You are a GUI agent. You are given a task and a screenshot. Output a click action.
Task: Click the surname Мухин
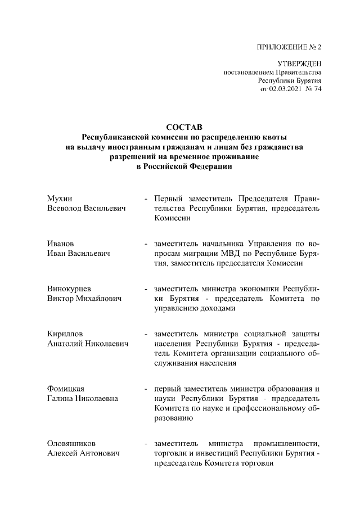pyautogui.click(x=60, y=199)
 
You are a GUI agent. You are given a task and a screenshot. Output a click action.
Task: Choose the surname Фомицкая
pyautogui.click(x=66, y=389)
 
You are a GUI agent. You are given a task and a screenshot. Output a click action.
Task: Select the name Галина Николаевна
pyautogui.click(x=82, y=398)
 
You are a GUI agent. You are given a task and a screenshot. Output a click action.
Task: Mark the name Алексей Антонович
pyautogui.click(x=84, y=453)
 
